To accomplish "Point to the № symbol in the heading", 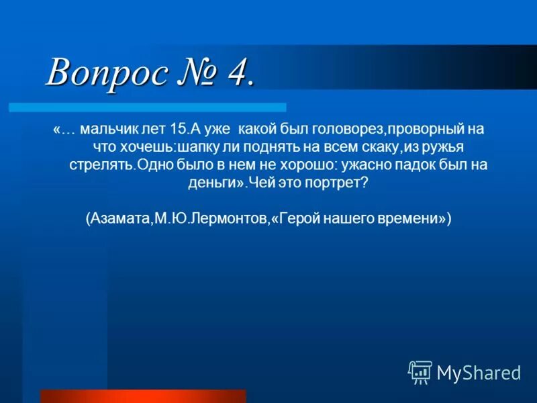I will (x=197, y=72).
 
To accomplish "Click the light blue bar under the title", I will (x=147, y=107).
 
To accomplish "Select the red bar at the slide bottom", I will (x=143, y=396).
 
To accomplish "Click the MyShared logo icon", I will (x=420, y=372).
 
